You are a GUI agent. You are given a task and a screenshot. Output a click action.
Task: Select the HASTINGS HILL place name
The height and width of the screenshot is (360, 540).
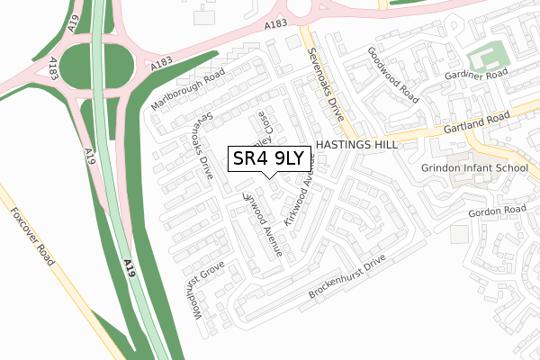tap(357, 145)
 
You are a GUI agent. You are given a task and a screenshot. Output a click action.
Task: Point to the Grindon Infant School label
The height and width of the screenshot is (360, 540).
tap(474, 168)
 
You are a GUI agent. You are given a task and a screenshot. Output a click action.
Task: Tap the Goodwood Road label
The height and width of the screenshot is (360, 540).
tap(393, 74)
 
